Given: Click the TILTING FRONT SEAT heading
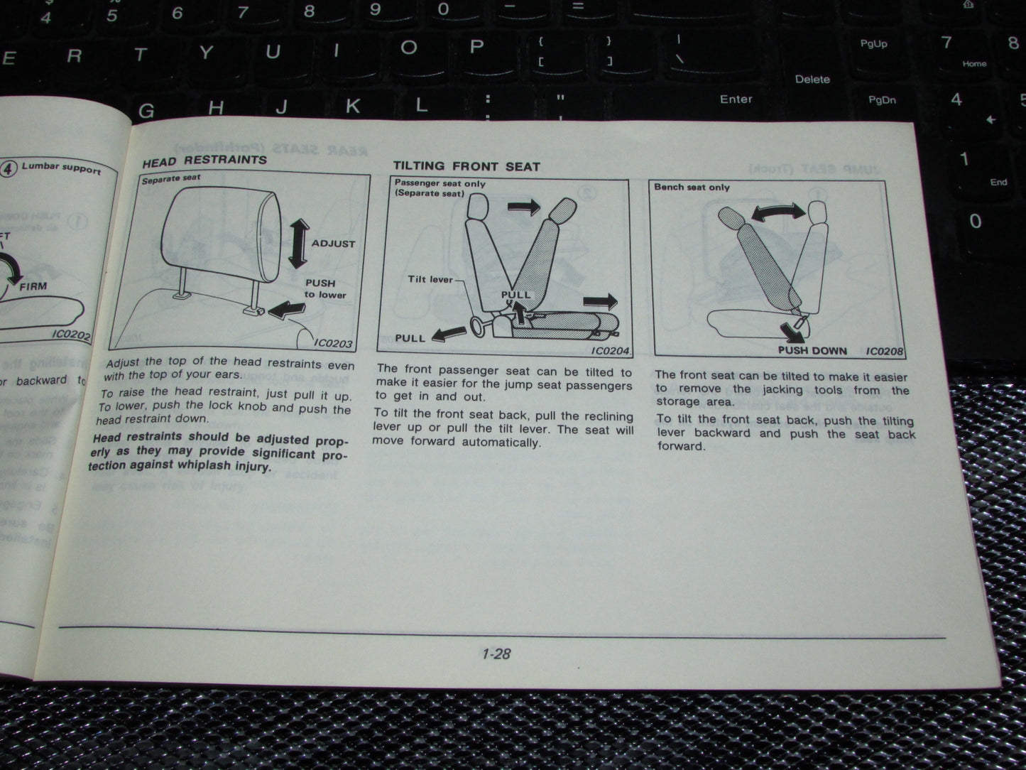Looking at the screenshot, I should [x=466, y=166].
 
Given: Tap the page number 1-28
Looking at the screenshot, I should [x=496, y=654].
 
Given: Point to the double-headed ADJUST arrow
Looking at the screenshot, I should [x=299, y=244].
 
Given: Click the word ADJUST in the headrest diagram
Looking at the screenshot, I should [x=333, y=244].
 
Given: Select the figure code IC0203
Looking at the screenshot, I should [x=333, y=344].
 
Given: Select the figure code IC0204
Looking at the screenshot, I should [x=610, y=350].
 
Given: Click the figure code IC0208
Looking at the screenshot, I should [x=885, y=352].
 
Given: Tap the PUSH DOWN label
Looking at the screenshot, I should [x=812, y=350].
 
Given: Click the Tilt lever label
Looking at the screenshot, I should [x=430, y=279].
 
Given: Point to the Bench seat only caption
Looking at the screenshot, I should [x=692, y=188].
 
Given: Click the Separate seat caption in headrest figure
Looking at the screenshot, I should [x=171, y=178].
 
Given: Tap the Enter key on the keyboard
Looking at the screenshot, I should [x=736, y=99].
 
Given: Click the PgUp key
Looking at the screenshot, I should [x=873, y=44].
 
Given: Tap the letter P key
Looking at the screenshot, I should [x=476, y=47].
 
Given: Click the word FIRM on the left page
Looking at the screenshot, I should [x=33, y=286].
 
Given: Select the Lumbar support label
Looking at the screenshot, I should [x=61, y=168].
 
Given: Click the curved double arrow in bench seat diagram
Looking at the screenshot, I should [x=778, y=210].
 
